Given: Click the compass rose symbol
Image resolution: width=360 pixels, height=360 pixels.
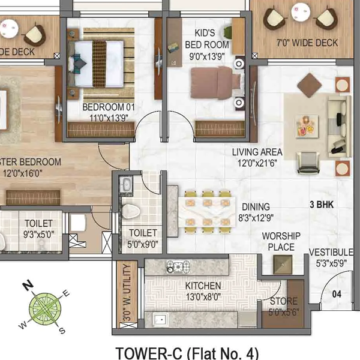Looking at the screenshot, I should [46, 307].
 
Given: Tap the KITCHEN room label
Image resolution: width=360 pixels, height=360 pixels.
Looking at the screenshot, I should [202, 286].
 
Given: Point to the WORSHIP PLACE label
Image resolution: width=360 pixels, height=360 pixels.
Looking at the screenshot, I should [278, 242].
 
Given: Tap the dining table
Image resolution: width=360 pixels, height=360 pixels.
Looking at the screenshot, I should [206, 211].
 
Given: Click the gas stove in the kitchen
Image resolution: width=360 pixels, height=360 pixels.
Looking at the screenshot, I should [178, 266].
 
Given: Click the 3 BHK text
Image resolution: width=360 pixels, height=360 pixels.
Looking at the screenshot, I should [321, 205].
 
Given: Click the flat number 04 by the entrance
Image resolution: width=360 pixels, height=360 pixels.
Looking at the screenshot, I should [337, 294].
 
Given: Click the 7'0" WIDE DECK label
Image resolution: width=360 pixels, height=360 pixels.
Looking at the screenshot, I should [307, 43].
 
